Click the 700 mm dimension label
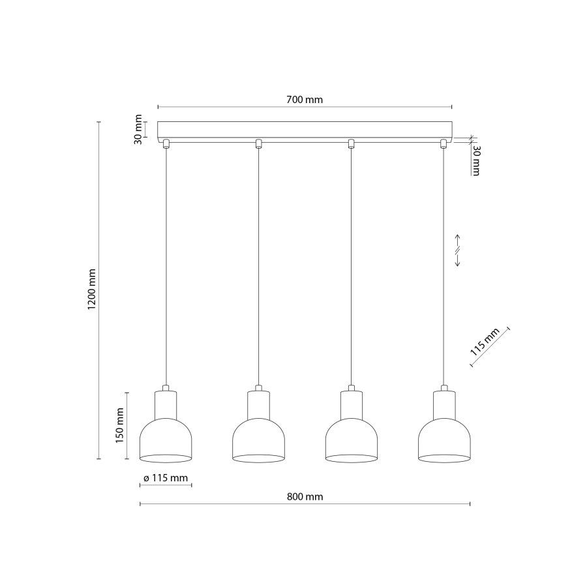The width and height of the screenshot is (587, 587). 305,100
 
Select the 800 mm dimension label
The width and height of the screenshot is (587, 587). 305,496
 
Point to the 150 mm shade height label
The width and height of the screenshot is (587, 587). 119,425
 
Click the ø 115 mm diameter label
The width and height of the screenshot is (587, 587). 165,478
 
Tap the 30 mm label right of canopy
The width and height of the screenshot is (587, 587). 476,160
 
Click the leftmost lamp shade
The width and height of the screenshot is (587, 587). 166,440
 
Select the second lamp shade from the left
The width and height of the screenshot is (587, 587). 259,440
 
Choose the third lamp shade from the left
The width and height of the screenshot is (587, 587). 352,440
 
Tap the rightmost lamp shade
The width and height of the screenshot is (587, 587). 444,440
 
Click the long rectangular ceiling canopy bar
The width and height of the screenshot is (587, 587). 305,130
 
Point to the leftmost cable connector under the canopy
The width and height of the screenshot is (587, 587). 166,143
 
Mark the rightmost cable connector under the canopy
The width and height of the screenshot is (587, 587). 444,143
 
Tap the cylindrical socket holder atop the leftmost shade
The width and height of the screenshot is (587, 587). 166,404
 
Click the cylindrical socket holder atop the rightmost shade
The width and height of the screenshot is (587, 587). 444,404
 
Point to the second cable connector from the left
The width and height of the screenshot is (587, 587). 259,143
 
